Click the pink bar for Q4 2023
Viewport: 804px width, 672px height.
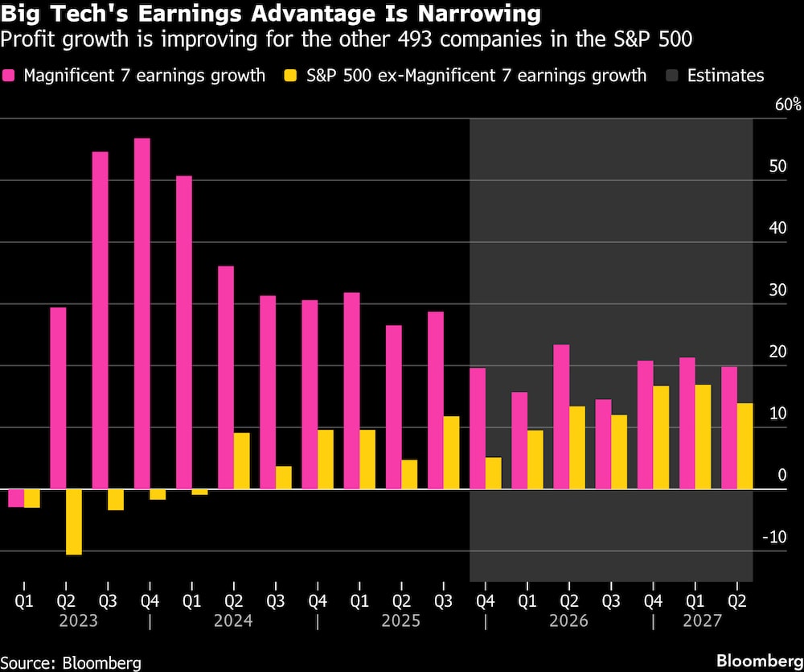(142, 314)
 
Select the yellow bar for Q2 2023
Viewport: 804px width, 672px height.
(74, 522)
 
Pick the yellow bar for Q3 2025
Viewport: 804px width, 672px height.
(452, 452)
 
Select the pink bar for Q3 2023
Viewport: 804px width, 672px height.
(100, 320)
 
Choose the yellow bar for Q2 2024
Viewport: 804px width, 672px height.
(242, 461)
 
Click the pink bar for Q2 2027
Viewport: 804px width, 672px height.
(729, 428)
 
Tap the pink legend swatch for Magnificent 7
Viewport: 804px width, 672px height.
(10, 76)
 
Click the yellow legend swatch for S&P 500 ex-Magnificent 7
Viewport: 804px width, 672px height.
(291, 76)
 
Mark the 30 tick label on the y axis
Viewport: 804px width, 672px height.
(776, 291)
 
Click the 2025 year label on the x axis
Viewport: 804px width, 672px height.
(401, 621)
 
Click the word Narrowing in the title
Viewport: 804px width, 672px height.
(473, 13)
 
